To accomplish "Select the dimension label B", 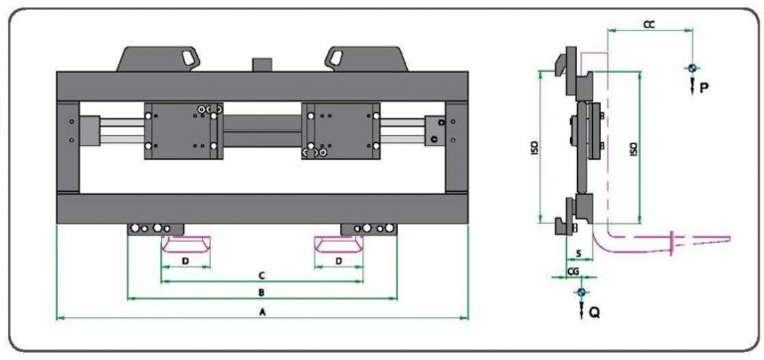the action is [262, 292].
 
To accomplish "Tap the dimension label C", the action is [262, 275].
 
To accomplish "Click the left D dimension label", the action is [185, 262].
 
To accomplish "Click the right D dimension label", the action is [339, 262].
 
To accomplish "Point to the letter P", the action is [704, 88].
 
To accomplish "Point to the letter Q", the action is [595, 312].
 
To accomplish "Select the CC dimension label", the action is [649, 25].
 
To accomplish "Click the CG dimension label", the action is [573, 271].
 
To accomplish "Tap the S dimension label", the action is [578, 254].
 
